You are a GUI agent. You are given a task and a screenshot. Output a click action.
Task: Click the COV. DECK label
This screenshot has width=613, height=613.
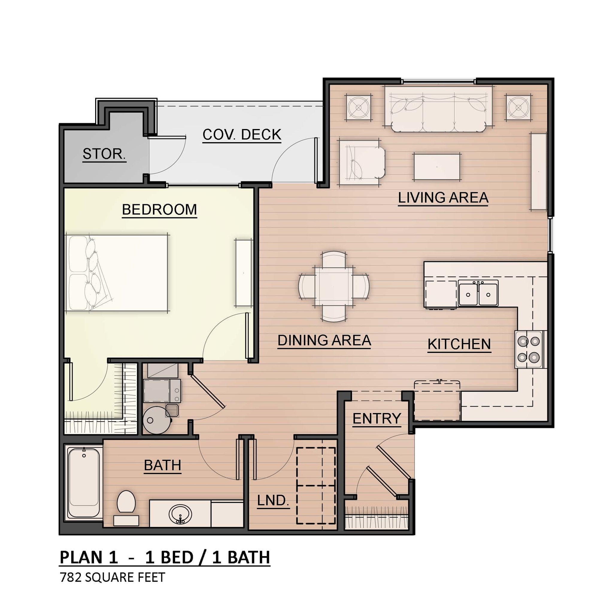(242, 134)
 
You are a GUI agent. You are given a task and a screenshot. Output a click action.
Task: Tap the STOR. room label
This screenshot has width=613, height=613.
(104, 154)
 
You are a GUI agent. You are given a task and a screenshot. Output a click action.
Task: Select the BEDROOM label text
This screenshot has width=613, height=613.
(159, 210)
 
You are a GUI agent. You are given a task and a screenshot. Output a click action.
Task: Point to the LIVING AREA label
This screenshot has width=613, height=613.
(443, 198)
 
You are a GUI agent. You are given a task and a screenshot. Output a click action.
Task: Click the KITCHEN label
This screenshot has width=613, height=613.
(459, 344)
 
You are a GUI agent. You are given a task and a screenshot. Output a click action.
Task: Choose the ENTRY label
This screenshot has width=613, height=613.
(377, 418)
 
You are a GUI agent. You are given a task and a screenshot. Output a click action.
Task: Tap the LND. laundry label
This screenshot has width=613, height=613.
(273, 501)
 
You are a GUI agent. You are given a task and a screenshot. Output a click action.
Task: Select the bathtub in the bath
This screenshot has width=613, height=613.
(84, 482)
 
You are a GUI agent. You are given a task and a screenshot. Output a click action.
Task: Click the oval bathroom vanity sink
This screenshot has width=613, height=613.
(180, 514)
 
